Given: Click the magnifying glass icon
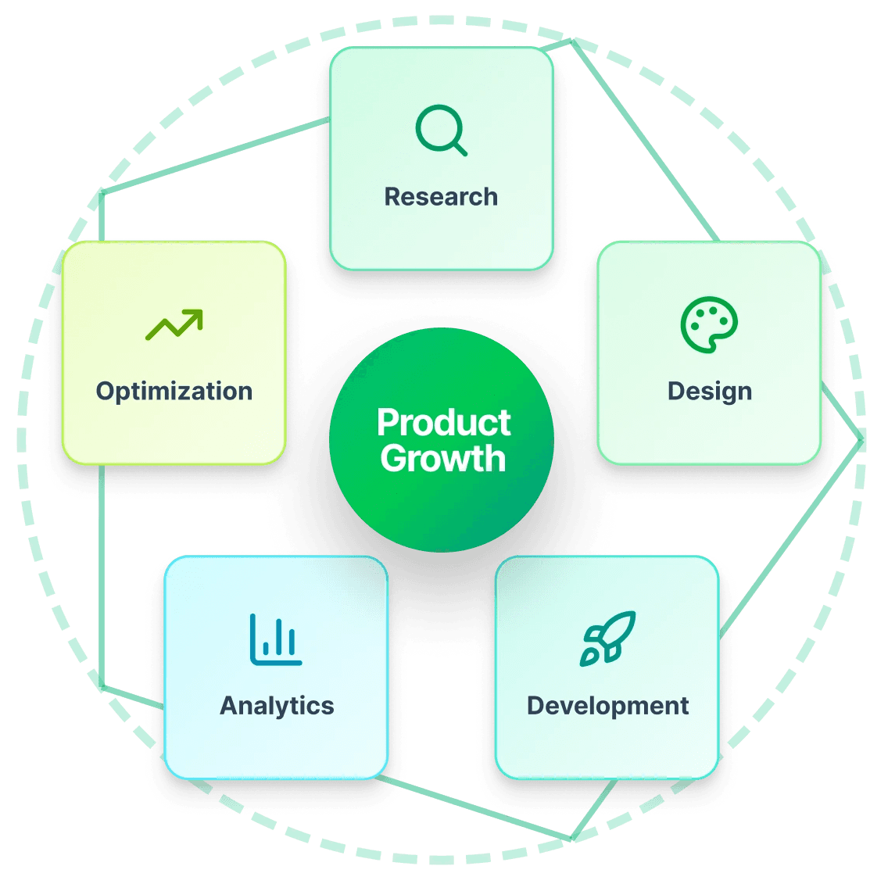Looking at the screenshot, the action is pyautogui.click(x=441, y=131).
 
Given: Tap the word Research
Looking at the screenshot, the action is pyautogui.click(x=441, y=197).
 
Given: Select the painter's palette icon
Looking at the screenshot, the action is pyautogui.click(x=709, y=324).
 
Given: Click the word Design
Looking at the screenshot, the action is pyautogui.click(x=709, y=391).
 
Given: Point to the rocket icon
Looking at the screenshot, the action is pyautogui.click(x=607, y=638).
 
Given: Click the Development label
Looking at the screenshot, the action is pyautogui.click(x=607, y=706).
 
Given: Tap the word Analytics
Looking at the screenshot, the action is pyautogui.click(x=277, y=706).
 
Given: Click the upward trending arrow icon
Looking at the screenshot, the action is pyautogui.click(x=174, y=325).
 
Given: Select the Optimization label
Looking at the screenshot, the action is pyautogui.click(x=174, y=391).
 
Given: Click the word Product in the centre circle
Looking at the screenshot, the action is pyautogui.click(x=443, y=423).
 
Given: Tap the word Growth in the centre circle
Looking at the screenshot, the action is pyautogui.click(x=443, y=459).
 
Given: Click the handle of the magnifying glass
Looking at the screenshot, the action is pyautogui.click(x=460, y=149).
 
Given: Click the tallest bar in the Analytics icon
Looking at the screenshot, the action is pyautogui.click(x=254, y=635).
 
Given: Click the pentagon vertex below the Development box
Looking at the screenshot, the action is pyautogui.click(x=573, y=839).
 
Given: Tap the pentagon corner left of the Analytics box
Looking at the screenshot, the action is pyautogui.click(x=102, y=686).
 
